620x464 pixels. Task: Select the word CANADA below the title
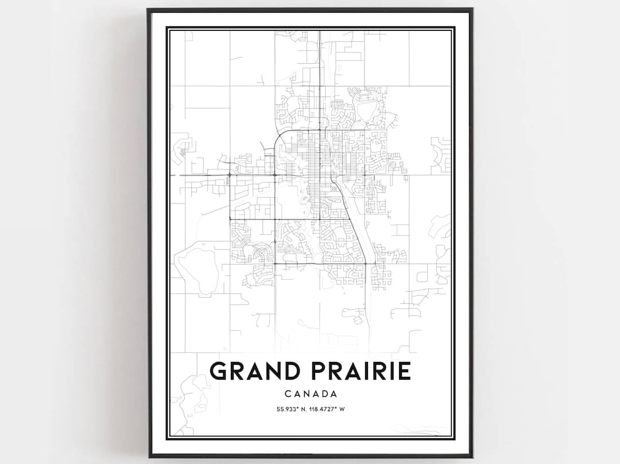coord(309,394)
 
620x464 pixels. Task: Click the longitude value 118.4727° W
coord(327,409)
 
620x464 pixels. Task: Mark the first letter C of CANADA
coord(288,394)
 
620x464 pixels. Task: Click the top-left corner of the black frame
coord(149,10)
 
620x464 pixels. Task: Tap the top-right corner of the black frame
coord(471,10)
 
